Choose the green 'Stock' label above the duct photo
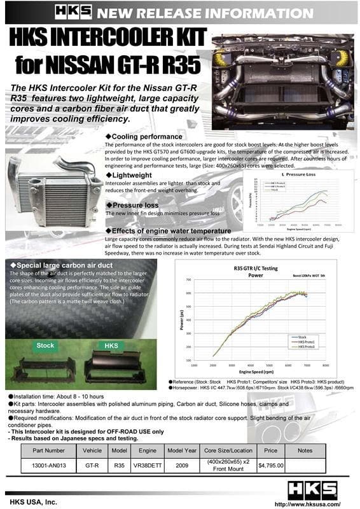pos(45,345)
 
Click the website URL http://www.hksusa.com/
pos(314,503)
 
